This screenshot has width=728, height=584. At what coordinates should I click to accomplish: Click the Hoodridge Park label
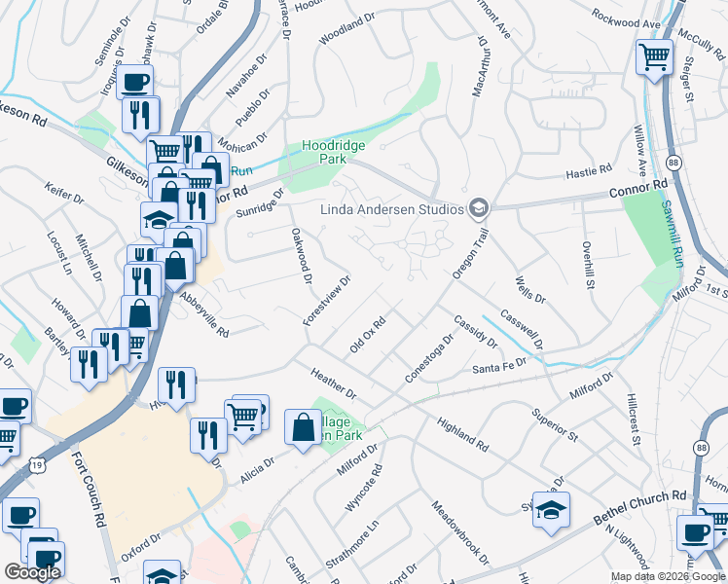click(324, 151)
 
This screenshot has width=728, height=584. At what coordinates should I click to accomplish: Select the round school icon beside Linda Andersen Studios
click(478, 207)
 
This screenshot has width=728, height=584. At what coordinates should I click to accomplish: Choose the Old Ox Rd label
click(369, 335)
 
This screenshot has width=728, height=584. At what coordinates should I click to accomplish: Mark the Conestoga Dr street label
click(429, 359)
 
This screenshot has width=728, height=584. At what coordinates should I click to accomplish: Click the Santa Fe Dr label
click(498, 368)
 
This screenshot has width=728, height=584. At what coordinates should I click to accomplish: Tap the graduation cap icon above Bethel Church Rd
click(551, 509)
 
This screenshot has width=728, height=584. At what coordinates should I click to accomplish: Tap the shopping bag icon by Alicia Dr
click(303, 425)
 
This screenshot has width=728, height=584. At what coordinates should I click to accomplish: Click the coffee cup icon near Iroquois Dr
click(136, 81)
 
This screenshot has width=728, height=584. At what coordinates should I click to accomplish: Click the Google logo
click(33, 572)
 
